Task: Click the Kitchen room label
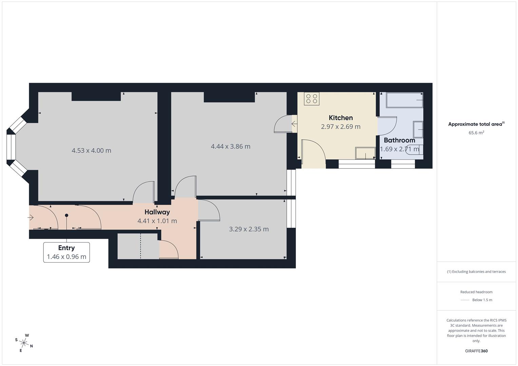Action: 341,118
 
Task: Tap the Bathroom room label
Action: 399,140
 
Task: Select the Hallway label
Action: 157,212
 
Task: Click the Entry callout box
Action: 66,252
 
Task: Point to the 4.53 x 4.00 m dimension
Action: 91,150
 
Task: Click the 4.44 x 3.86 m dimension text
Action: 231,146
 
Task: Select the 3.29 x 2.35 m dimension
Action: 249,229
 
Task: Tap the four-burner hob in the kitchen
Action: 311,99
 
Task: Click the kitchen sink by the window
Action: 365,153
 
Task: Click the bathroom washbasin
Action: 418,129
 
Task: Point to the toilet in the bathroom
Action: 414,149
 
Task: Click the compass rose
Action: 24,343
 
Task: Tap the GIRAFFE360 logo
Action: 476,351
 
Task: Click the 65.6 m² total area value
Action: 476,133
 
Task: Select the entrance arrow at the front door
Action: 31,218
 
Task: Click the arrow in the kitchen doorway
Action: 294,124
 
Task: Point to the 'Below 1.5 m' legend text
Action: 482,300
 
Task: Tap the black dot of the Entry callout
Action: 66,215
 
